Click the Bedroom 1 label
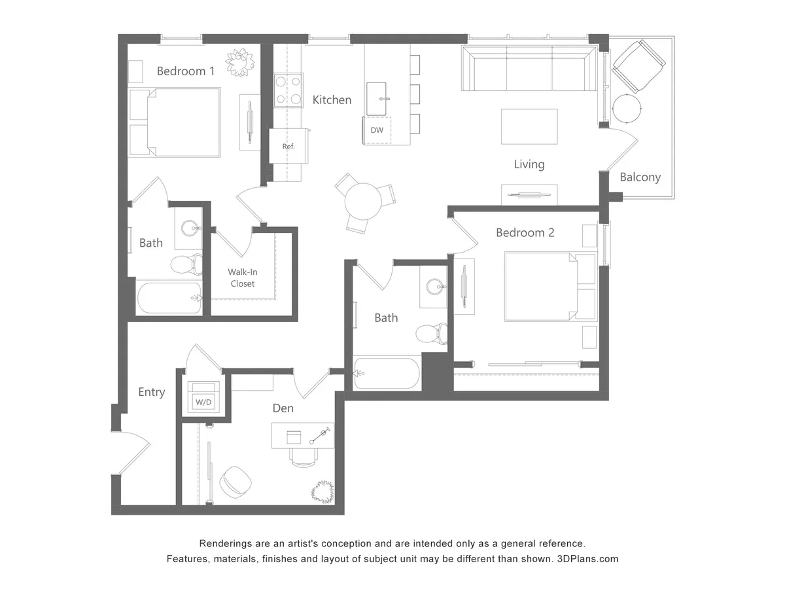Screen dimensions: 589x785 coord(185,71)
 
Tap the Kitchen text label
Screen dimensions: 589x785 coord(332,100)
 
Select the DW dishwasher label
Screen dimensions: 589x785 coord(377,130)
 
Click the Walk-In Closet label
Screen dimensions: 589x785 coord(241,277)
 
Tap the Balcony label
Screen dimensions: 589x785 coord(640,177)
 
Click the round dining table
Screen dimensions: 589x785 coord(363,201)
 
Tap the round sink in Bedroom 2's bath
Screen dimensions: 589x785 coord(435,287)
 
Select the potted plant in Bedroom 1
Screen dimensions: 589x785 coord(239,63)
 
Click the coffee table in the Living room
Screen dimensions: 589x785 coord(529,126)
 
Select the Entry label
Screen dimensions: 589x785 coord(151,392)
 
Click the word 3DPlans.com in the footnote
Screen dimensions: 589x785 coord(587,559)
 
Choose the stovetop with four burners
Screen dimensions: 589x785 coord(288,91)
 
